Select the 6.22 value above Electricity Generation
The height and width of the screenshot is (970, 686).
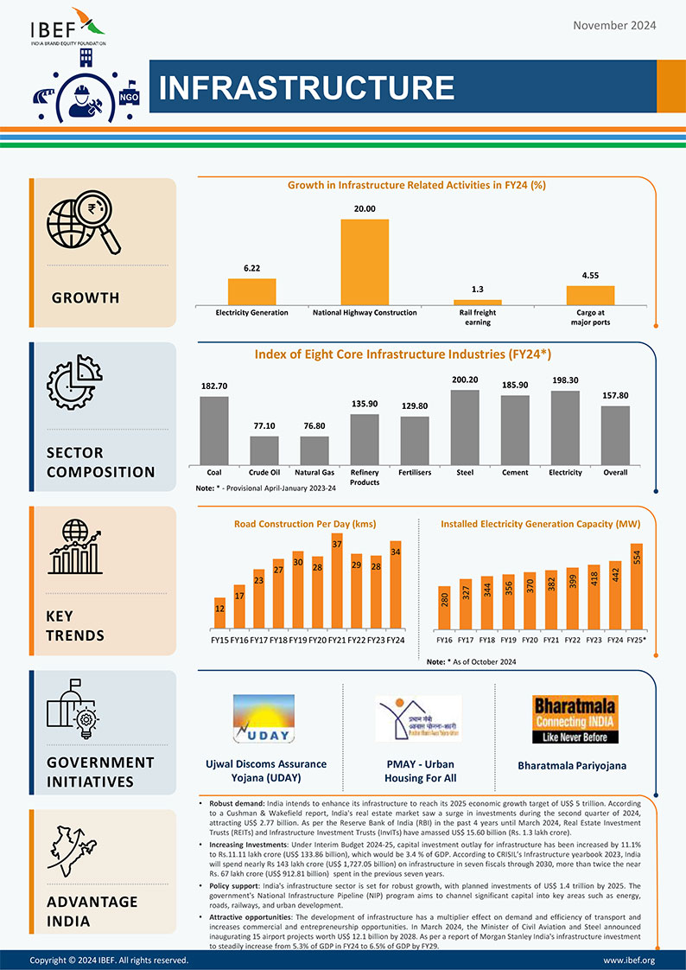coord(252,268)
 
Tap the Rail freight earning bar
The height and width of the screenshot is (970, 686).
coord(478,302)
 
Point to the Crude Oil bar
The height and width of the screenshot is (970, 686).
coord(264,450)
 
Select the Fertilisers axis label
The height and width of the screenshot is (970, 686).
coord(415,473)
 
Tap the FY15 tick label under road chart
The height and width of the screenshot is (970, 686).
coord(219,641)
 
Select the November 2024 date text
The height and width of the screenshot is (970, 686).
coord(614,25)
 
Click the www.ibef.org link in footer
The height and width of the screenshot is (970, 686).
coord(628,960)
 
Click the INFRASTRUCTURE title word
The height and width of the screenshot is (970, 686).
coord(307,87)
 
